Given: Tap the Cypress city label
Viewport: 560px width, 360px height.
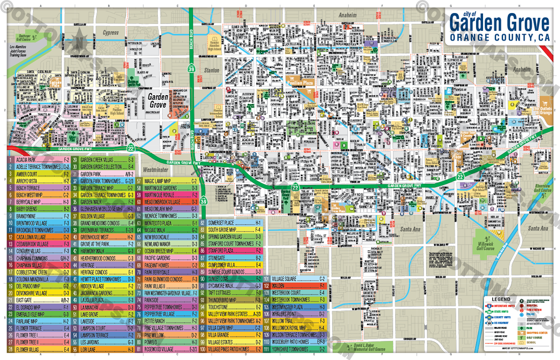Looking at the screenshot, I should (x=111, y=33).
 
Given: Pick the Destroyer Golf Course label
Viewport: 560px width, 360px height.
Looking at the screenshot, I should (x=24, y=36).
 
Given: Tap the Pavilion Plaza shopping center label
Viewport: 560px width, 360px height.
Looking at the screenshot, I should (x=299, y=82).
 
